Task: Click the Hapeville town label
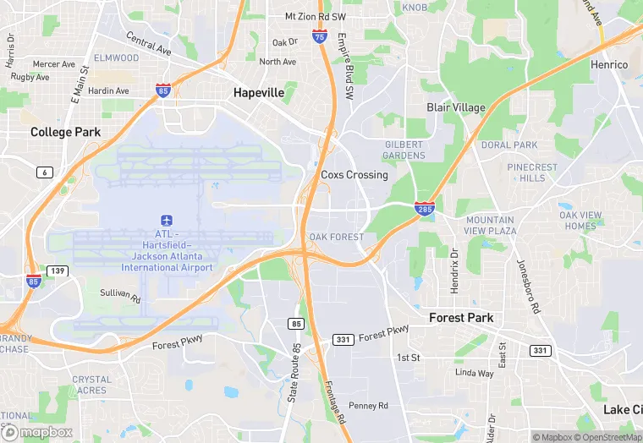coord(259,93)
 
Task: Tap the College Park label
coord(65,132)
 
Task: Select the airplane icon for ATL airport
coord(167,220)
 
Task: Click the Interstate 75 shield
coord(319,36)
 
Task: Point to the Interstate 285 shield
coord(425,208)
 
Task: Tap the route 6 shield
coord(44,172)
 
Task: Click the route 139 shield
coord(58,271)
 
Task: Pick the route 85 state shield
coord(295,324)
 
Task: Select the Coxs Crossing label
coord(354,175)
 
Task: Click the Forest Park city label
coord(461,318)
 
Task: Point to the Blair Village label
coord(456,107)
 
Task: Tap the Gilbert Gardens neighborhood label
coord(404,150)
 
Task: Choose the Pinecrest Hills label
coord(532,172)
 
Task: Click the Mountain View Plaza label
coord(491,225)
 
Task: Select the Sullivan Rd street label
coord(119,296)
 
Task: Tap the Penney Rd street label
coord(367,406)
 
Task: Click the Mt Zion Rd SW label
coord(315,16)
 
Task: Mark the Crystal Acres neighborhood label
coord(91,385)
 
